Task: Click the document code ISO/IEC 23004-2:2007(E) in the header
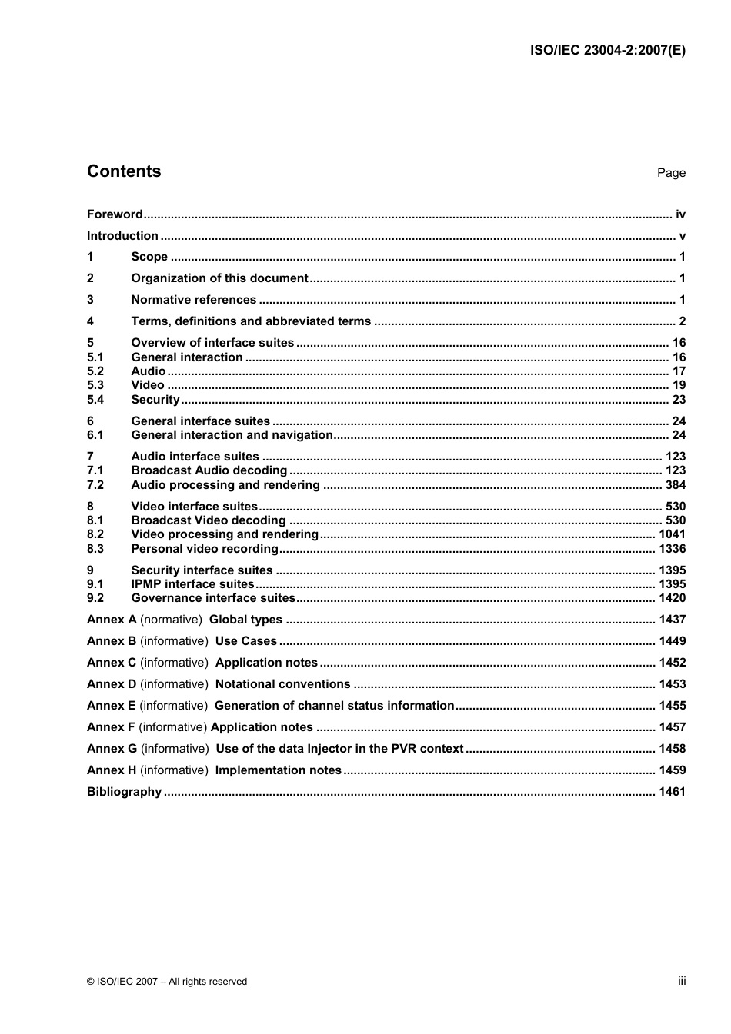coord(607,51)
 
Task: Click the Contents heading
coord(124,171)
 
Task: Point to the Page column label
coord(671,173)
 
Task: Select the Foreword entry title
coord(115,214)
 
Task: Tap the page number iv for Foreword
coord(680,214)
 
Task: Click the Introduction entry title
coord(122,236)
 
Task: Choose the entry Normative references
coord(193,300)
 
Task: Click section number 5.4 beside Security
coord(95,400)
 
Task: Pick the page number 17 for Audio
coord(679,371)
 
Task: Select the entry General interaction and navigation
coord(232,435)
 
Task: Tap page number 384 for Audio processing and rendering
coord(676,485)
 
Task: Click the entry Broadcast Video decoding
coord(208,520)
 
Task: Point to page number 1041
coord(672,534)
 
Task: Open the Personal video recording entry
coord(205,549)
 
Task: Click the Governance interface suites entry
coord(213,598)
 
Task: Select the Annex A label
coord(112,620)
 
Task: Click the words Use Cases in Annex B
coord(245,641)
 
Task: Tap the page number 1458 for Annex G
coord(672,749)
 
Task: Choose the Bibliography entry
coord(124,792)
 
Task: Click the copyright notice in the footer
coord(167,982)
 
